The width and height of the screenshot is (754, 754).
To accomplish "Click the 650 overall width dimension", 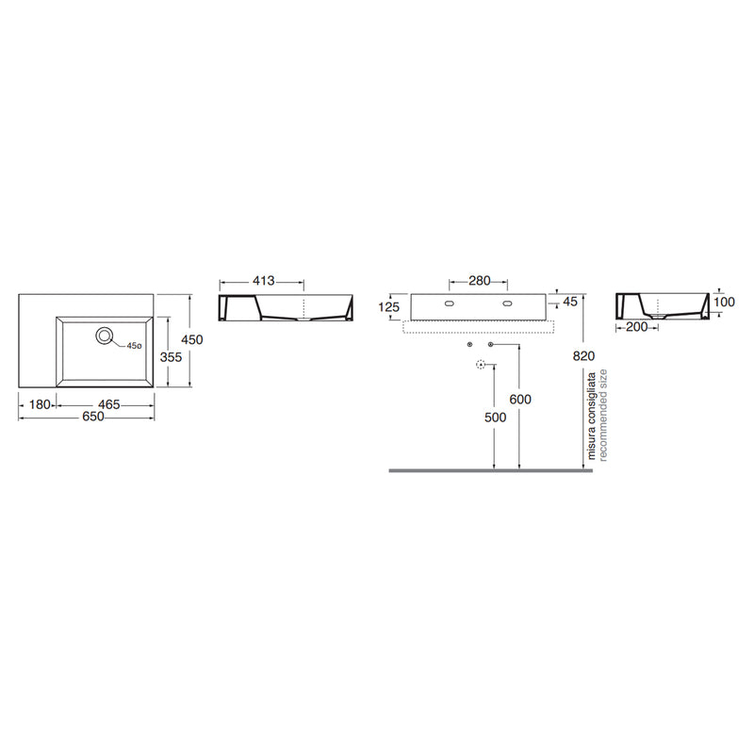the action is point(92,417).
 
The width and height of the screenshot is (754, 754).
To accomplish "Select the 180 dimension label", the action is point(40,405).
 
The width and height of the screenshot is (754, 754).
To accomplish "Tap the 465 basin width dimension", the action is point(108,405).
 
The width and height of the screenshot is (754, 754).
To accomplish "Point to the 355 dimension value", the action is point(171,357).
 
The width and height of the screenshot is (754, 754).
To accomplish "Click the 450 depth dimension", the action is point(192,339).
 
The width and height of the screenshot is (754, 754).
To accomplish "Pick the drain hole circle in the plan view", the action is point(104,336).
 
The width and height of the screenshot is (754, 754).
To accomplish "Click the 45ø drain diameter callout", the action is point(134,346).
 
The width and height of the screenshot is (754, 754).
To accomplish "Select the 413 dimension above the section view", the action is point(264,280).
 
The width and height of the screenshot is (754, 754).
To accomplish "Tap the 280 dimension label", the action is point(479,280).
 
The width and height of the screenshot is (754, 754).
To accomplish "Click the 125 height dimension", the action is point(388,307).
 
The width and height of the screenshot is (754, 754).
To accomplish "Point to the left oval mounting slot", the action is point(451,303).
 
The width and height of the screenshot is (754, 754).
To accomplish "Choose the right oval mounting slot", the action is point(507,303).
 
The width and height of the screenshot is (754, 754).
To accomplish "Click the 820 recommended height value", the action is point(583,356).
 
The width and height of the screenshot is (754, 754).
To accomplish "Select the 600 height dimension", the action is point(520,399).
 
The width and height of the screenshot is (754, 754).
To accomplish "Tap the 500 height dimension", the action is point(496,418).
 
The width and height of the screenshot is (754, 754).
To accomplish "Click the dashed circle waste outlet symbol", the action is point(481,365).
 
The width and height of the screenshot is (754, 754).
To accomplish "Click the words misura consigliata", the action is point(592,416).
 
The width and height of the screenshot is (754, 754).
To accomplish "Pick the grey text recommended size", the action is point(603,415).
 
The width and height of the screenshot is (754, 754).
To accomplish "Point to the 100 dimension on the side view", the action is point(724,302).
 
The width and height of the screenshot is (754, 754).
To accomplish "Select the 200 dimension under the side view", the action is point(637,327).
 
